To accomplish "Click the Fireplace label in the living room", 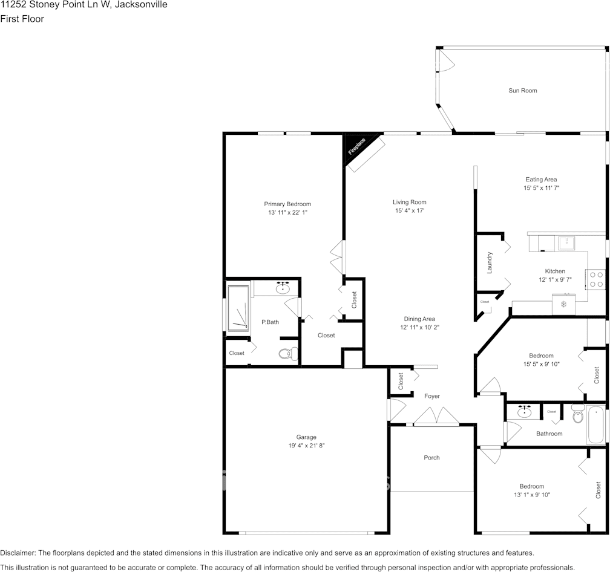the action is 356,146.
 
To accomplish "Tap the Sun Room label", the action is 522,91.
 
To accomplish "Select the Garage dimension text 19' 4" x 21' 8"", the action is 306,446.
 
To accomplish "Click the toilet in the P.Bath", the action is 288,354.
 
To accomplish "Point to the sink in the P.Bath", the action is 283,288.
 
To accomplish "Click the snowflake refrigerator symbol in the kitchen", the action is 563,304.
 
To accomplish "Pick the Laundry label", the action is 490,262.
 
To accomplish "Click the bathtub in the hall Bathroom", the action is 595,424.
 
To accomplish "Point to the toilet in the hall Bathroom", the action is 578,414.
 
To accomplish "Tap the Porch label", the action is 431,458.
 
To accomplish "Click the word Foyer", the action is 432,396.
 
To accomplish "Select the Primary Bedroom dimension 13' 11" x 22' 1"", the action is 287,213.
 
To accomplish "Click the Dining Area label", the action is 419,319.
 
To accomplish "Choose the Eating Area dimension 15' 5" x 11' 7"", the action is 541,188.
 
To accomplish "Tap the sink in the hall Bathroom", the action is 525,412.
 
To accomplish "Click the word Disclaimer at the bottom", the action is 18,553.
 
